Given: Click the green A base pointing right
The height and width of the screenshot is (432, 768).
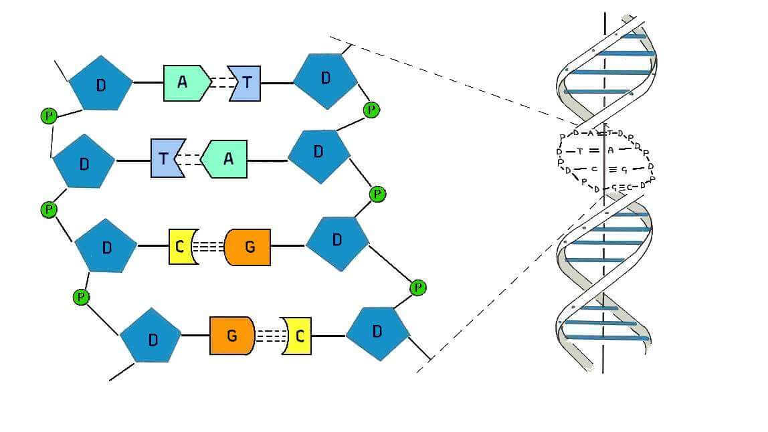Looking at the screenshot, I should point(183,83).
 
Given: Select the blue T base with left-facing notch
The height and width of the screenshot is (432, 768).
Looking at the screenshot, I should point(245,83).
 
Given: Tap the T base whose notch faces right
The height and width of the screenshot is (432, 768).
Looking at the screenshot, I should point(163,158).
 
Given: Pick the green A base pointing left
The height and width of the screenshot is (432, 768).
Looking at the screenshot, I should point(225,159).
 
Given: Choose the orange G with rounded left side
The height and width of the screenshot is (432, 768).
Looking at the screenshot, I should point(248,247).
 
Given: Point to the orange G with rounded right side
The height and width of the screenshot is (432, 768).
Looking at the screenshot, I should point(231,335).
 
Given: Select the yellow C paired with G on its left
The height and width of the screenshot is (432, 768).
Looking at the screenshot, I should point(298,336).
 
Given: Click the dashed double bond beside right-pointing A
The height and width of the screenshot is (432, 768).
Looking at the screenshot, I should point(219,83).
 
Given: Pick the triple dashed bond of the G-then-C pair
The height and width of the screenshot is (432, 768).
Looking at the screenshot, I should point(270,336).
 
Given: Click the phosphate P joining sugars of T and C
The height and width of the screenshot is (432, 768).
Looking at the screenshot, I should point(49,209).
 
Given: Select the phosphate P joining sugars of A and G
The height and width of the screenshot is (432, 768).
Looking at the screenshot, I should point(377,195).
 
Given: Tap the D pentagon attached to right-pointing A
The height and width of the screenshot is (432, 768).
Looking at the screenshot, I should point(101,84).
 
